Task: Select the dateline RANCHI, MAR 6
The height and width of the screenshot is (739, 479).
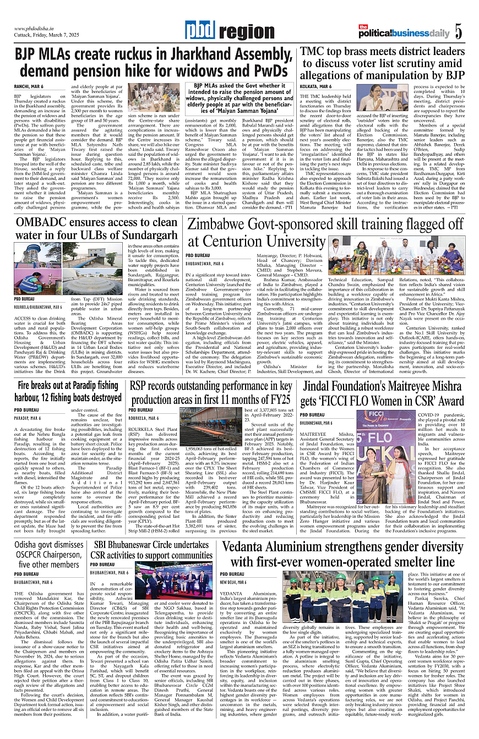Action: [x=29, y=86]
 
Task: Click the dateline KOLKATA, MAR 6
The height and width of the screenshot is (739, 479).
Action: [x=315, y=86]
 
